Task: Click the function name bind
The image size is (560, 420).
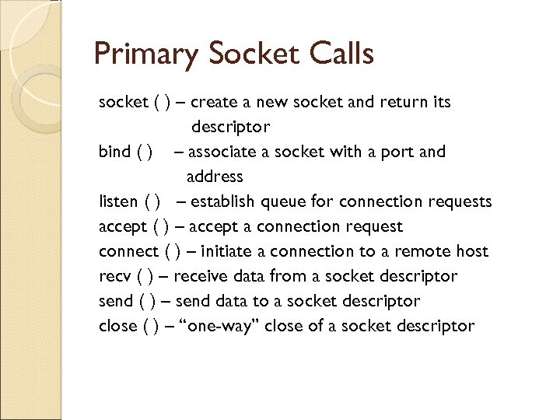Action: pyautogui.click(x=114, y=152)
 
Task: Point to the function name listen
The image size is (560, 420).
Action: pyautogui.click(x=119, y=201)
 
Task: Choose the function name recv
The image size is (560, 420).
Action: pyautogui.click(x=115, y=276)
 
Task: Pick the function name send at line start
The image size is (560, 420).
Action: pyautogui.click(x=116, y=301)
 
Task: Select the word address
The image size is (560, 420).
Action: pyautogui.click(x=215, y=177)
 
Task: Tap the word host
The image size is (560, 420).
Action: pyautogui.click(x=472, y=251)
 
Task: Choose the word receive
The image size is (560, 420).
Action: pyautogui.click(x=201, y=276)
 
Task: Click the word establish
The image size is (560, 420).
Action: pyautogui.click(x=222, y=201)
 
